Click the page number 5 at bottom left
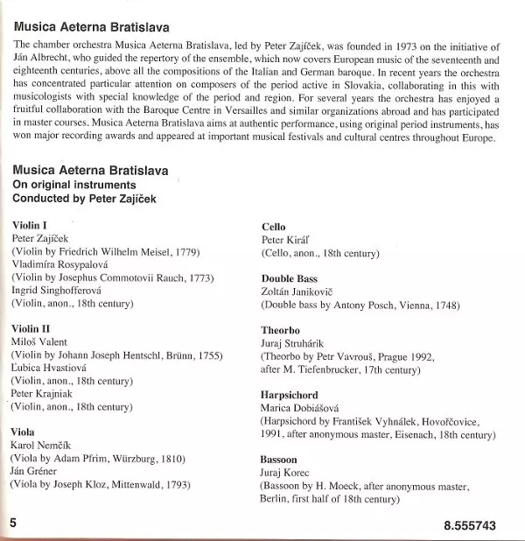pyautogui.click(x=14, y=523)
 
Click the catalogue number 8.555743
pyautogui.click(x=470, y=525)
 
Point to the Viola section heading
pyautogui.click(x=24, y=432)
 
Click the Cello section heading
pyautogui.click(x=273, y=225)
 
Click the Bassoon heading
pyautogui.click(x=279, y=460)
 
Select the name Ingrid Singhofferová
pyautogui.click(x=58, y=291)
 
